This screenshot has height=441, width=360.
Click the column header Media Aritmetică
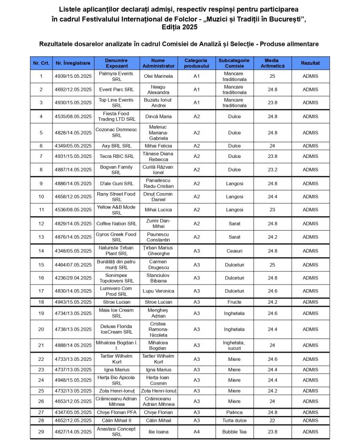click(x=271, y=63)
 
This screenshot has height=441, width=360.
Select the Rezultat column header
click(x=310, y=63)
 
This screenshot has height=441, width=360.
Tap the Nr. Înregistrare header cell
click(x=73, y=63)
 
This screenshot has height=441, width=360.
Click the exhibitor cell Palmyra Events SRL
click(x=116, y=76)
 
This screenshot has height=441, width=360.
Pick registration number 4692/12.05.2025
click(x=73, y=90)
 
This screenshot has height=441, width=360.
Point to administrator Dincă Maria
click(x=158, y=116)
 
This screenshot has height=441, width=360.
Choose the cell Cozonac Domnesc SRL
click(x=116, y=133)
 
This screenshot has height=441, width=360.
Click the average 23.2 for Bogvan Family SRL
click(x=271, y=170)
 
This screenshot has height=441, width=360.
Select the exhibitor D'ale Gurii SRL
click(x=116, y=183)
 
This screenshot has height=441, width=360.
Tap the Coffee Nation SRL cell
click(x=116, y=224)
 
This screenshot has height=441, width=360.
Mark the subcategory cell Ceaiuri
click(x=234, y=251)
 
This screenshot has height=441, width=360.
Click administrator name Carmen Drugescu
click(x=158, y=264)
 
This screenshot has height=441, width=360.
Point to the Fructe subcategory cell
click(x=234, y=302)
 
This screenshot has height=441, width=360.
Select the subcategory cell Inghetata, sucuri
click(x=234, y=345)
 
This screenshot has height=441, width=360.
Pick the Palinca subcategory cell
click(x=234, y=412)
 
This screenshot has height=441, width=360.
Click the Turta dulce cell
click(x=234, y=420)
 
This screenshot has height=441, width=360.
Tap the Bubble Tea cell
click(x=234, y=432)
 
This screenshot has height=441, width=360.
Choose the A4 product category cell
click(x=196, y=432)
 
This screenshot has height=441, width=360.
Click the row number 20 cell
click(x=41, y=329)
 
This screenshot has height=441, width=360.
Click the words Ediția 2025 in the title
click(x=180, y=27)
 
